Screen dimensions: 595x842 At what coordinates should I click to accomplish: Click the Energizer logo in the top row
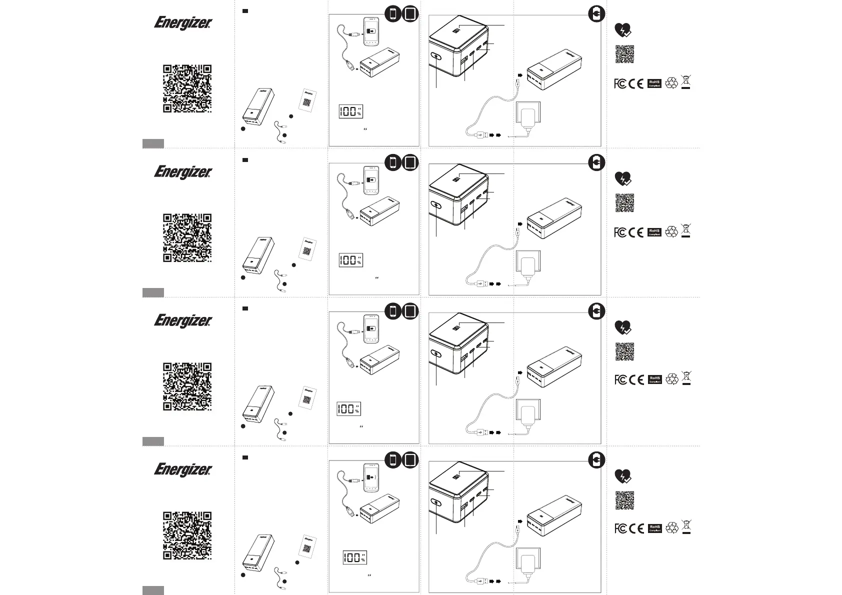coord(183,23)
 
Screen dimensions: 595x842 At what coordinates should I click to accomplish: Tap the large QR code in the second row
coord(187,237)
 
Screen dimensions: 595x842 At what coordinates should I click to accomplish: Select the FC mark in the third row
coord(620,379)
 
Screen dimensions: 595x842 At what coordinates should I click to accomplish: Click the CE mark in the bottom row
coord(636,528)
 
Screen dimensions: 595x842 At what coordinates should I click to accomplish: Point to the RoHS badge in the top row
coord(654,83)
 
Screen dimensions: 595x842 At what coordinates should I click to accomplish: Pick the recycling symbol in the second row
coord(672,231)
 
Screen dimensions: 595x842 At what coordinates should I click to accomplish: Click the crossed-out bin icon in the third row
coord(686,378)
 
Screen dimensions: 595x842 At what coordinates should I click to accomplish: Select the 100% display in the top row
coord(350,111)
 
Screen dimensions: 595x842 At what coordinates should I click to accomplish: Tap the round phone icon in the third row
coord(393,311)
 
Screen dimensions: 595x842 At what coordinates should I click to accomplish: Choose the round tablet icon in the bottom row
coord(409,459)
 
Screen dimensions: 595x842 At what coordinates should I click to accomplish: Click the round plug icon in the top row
coord(596,15)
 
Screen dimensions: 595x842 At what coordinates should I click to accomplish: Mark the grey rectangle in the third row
coord(153,441)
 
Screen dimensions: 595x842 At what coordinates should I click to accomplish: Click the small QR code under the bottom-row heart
coord(624,500)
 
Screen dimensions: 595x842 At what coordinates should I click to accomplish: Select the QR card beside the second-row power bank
coord(309,247)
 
